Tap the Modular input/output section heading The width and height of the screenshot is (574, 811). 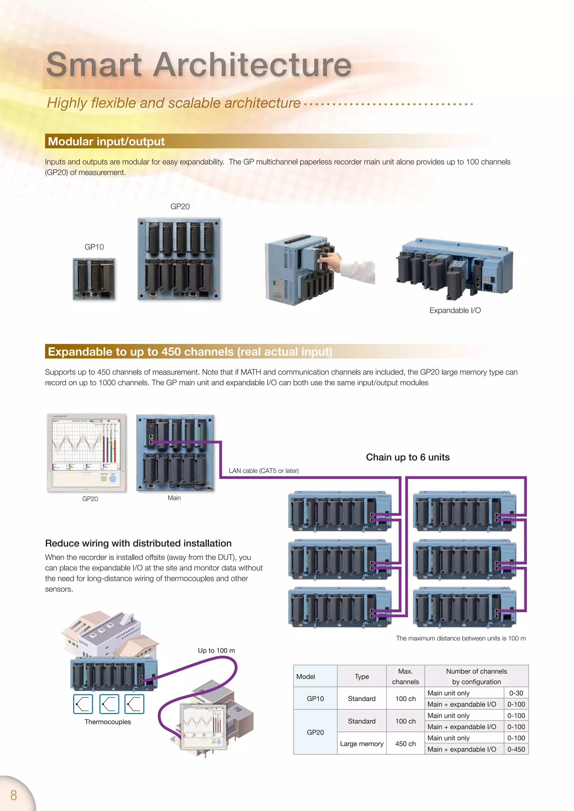click(x=107, y=142)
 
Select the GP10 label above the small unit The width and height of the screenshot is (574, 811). click(x=94, y=247)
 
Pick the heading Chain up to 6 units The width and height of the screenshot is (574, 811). click(x=408, y=457)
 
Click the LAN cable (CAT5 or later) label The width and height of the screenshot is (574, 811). click(x=264, y=470)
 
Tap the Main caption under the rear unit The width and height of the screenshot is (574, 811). click(x=174, y=498)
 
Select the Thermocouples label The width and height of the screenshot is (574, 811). click(x=107, y=722)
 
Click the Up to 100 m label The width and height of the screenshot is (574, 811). click(x=216, y=650)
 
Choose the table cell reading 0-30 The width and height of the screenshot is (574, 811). click(x=516, y=693)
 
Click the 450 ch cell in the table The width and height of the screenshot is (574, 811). click(x=405, y=744)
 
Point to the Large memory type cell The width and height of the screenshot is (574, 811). click(x=362, y=744)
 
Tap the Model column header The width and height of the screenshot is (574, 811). click(x=306, y=676)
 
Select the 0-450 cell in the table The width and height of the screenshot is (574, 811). click(x=516, y=749)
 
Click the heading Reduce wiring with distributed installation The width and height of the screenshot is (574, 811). click(x=138, y=543)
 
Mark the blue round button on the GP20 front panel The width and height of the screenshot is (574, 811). click(x=112, y=479)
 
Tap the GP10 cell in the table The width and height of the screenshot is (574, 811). click(x=315, y=698)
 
